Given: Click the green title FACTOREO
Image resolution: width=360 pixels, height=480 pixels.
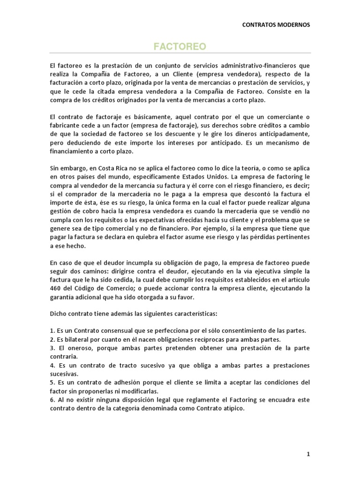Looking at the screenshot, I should (x=180, y=47).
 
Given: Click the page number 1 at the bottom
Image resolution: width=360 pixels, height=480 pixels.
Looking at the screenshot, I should (x=308, y=454).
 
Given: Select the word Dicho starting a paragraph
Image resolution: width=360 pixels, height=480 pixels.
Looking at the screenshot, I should (x=58, y=314).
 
